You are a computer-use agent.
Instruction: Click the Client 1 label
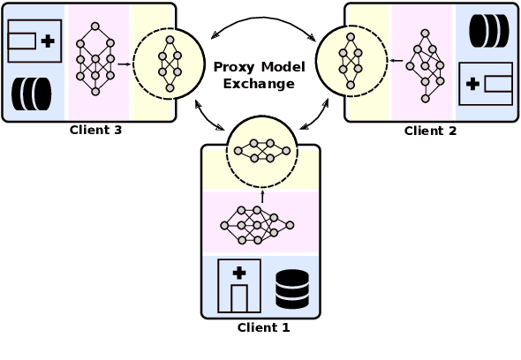point(262,327)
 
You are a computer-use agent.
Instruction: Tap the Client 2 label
point(430,131)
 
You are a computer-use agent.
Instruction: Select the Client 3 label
point(95,131)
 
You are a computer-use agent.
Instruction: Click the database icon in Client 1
point(292,288)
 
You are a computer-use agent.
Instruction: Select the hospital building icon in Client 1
point(238,286)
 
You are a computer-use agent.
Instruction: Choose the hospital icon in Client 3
point(34,41)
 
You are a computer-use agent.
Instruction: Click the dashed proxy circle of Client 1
point(262,151)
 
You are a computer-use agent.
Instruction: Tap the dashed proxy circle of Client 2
point(351,61)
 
